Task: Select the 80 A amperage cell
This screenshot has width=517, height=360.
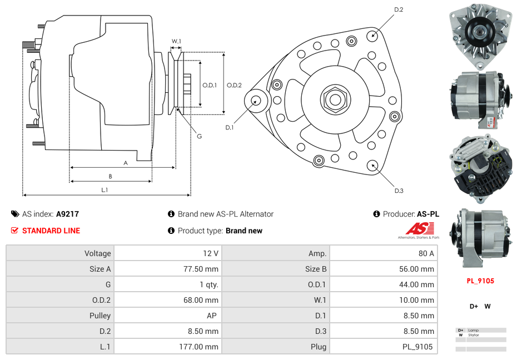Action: (426, 253)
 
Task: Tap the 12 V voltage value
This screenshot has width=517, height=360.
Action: (210, 253)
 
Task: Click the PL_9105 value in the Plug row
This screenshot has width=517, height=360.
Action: (417, 347)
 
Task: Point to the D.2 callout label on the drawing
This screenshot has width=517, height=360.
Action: (399, 10)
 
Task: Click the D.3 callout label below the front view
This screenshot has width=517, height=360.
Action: (399, 191)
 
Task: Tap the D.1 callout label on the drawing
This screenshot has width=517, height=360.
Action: (230, 128)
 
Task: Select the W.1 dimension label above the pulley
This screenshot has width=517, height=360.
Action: (176, 42)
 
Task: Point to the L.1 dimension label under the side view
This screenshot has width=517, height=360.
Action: (104, 190)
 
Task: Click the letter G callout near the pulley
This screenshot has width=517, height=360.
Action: (199, 136)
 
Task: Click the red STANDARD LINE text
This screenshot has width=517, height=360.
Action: (51, 231)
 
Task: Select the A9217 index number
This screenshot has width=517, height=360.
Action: (67, 214)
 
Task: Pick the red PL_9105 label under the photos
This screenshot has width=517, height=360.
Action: (480, 281)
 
